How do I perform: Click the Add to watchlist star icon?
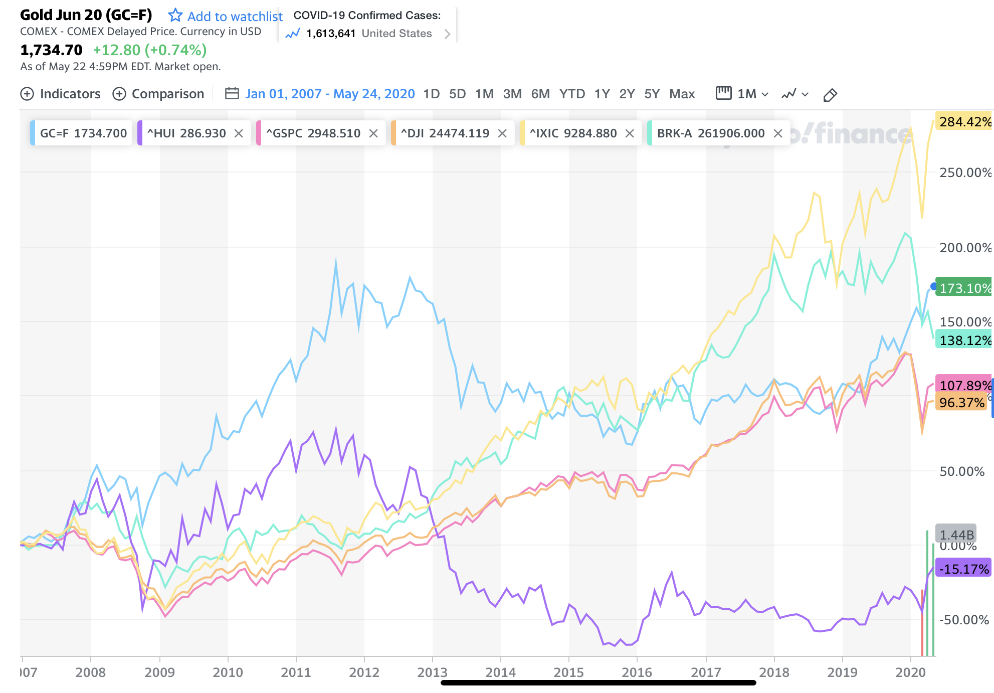(x=175, y=16)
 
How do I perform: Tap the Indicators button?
(x=61, y=94)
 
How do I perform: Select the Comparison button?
(x=158, y=94)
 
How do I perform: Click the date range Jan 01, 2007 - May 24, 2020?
(x=330, y=94)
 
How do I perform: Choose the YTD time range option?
(x=572, y=94)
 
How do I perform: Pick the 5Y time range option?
(x=652, y=94)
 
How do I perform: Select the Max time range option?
(x=682, y=94)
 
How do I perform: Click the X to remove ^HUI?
(x=239, y=133)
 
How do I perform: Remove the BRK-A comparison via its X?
(x=778, y=133)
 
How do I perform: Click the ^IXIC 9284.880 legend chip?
(x=573, y=133)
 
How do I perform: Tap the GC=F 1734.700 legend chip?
(x=83, y=133)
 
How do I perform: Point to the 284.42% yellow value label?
(x=964, y=122)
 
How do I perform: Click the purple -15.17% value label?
(x=963, y=569)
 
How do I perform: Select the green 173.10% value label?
(x=964, y=288)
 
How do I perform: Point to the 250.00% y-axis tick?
(x=965, y=172)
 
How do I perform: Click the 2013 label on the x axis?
(x=432, y=672)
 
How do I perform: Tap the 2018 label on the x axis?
(x=774, y=672)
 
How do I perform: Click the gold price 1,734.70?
(x=51, y=50)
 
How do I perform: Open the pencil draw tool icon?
(x=830, y=95)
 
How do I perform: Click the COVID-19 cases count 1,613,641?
(x=330, y=34)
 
